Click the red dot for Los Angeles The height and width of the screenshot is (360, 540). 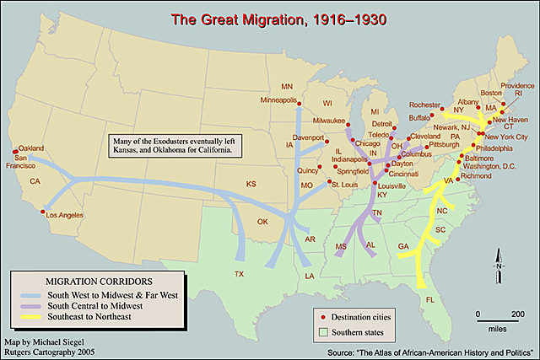38,212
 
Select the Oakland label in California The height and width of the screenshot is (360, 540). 30,148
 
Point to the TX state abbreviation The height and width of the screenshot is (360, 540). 239,275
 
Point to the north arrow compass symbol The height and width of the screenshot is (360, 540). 499,267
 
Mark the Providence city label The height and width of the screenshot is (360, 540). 517,85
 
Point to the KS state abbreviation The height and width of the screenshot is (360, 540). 251,183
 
